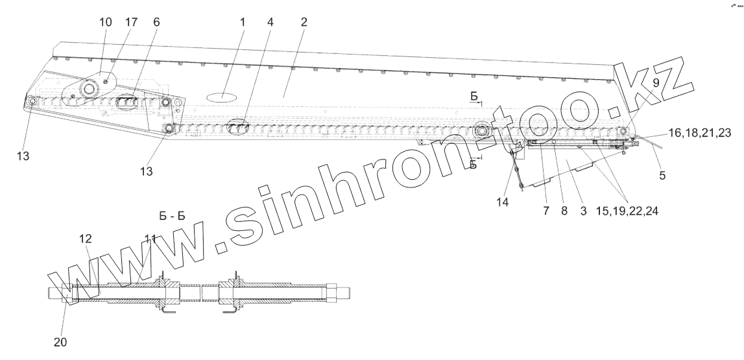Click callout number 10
pos(106,22)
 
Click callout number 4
pos(270,22)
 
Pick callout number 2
pos(303,22)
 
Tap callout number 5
pos(662,174)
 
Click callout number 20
pos(64,341)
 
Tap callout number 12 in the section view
pos(86,239)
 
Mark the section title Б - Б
pos(172,216)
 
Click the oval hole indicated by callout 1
pos(222,96)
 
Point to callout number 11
pos(150,239)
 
